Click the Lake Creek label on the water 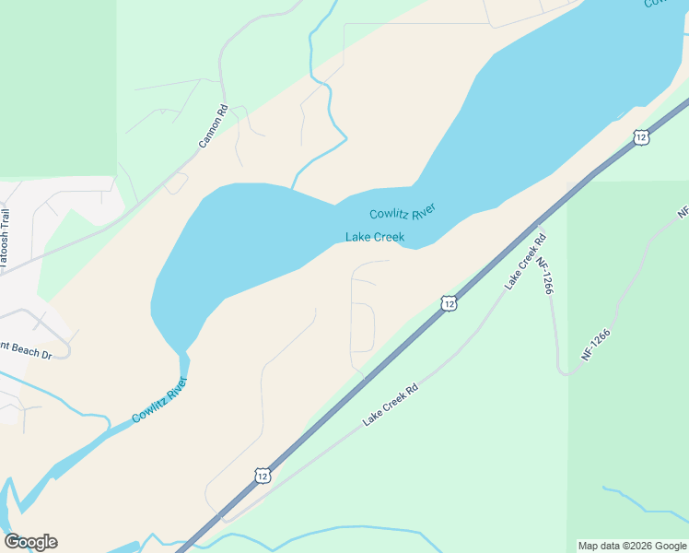tap(375, 237)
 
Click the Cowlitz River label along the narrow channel tap(159, 400)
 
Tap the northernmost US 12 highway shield tap(640, 137)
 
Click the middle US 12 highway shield tap(448, 302)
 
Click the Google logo tap(30, 542)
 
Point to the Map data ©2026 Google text tap(632, 546)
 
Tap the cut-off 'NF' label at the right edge tap(683, 212)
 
